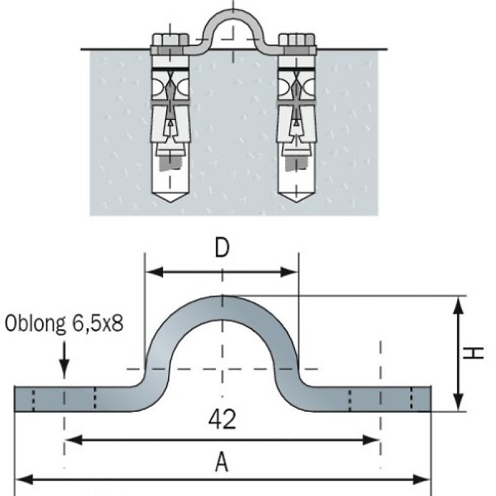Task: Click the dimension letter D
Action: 222,248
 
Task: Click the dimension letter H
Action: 473,353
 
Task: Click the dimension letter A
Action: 222,461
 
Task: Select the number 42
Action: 222,419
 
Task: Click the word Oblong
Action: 35,324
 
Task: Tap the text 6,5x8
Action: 98,323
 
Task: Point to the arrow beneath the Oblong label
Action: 64,359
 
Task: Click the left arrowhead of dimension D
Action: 155,272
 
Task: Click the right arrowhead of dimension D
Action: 289,272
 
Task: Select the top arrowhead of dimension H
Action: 458,305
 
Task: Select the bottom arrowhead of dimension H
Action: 458,403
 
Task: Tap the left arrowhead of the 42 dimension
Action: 74,440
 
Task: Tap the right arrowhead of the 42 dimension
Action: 371,440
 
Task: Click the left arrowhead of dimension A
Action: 24,479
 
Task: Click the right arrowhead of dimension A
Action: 422,479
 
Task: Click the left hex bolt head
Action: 170,40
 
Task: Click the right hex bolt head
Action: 297,40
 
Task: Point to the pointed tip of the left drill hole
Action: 170,203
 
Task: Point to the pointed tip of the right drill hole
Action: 297,203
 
